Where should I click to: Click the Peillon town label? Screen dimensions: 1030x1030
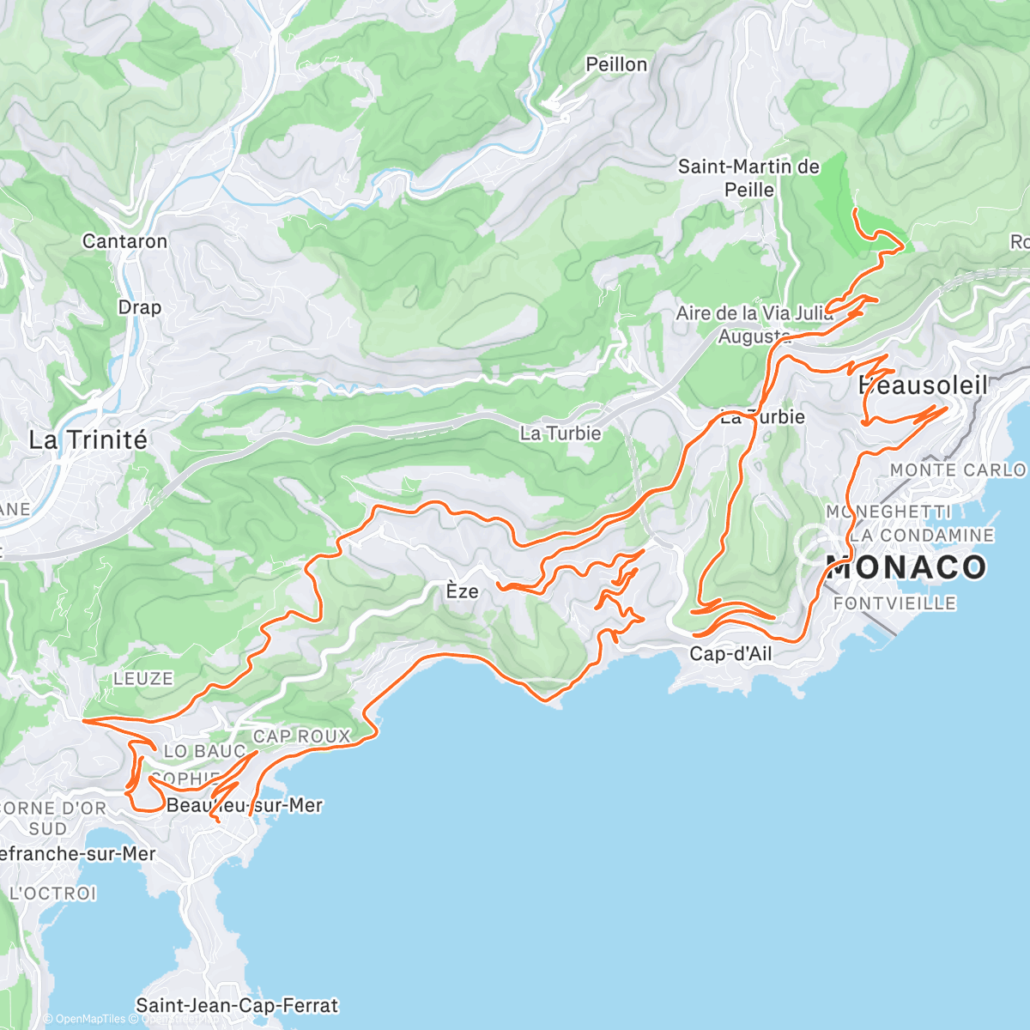[616, 64]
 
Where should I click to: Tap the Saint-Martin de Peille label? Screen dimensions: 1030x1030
[748, 178]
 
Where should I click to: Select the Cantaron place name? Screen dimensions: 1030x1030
[124, 241]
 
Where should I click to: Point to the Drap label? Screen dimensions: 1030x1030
[139, 307]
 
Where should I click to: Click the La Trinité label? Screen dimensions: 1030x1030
[88, 440]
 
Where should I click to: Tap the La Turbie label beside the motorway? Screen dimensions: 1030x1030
[560, 433]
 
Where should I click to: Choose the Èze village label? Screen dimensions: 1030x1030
[462, 591]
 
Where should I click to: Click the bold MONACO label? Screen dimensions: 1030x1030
[906, 567]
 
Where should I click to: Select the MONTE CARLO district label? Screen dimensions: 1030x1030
[957, 470]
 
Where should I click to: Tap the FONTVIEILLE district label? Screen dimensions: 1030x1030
[894, 603]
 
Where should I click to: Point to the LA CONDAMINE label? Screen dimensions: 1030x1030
[921, 536]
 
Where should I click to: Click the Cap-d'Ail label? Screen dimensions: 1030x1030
[730, 654]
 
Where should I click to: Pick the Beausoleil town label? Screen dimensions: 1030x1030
[923, 386]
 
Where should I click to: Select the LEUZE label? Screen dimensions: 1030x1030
[143, 679]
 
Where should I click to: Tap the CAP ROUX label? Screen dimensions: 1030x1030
[301, 736]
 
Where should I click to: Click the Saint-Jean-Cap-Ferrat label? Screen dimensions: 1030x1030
[237, 1005]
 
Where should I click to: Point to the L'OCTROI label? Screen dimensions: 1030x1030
[52, 894]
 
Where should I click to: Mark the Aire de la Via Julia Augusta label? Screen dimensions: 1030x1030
[754, 324]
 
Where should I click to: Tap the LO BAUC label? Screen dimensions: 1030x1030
[204, 751]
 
